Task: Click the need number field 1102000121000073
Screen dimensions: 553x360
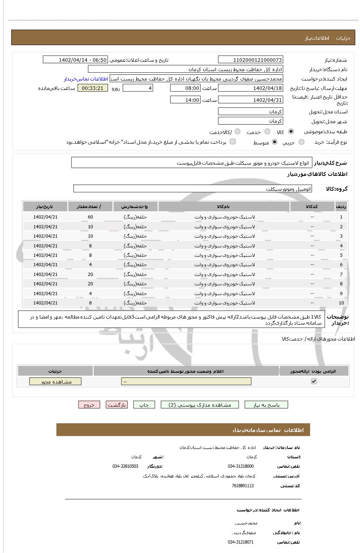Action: [x=250, y=60]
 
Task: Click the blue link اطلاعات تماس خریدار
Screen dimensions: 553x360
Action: [x=86, y=79]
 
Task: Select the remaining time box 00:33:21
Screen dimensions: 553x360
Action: [x=93, y=88]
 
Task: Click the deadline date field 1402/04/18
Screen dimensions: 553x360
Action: [x=250, y=88]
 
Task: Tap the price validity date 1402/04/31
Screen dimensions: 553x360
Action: [x=250, y=100]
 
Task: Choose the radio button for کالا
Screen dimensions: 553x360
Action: [x=291, y=131]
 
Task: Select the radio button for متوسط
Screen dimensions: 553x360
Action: [x=275, y=142]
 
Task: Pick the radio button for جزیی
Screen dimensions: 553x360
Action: [x=301, y=142]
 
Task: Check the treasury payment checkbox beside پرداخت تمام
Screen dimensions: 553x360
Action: [x=233, y=142]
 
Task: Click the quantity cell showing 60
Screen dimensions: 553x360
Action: [x=90, y=217]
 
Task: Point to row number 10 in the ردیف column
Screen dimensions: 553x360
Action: [x=341, y=303]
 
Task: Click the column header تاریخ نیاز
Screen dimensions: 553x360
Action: [x=45, y=207]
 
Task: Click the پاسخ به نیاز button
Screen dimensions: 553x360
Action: [x=266, y=405]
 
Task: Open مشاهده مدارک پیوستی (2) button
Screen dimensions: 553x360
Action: [x=200, y=405]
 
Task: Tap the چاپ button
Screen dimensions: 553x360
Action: [x=144, y=405]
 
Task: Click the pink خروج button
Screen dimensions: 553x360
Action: [x=89, y=405]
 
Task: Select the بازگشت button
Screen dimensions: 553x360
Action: [x=116, y=405]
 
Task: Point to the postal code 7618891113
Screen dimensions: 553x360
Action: [x=243, y=486]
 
